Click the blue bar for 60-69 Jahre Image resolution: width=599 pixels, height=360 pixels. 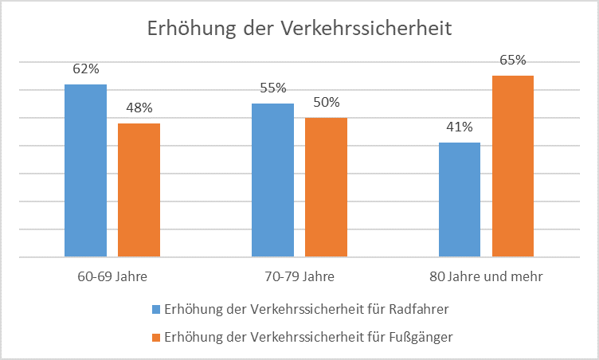pyautogui.click(x=85, y=170)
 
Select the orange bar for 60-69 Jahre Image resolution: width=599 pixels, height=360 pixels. pyautogui.click(x=139, y=190)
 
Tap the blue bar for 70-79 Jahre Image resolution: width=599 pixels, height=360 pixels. pyautogui.click(x=273, y=180)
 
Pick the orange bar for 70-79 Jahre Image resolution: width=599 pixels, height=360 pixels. pyautogui.click(x=326, y=187)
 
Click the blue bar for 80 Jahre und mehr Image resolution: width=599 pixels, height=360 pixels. pyautogui.click(x=460, y=200)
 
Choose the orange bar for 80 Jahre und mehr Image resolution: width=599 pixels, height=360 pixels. pyautogui.click(x=512, y=166)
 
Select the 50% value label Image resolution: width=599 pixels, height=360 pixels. pyautogui.click(x=326, y=102)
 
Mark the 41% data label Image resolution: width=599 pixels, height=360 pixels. pyautogui.click(x=460, y=127)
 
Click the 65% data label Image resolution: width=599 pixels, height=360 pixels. pyautogui.click(x=512, y=60)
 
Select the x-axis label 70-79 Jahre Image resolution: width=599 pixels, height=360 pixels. pyautogui.click(x=299, y=278)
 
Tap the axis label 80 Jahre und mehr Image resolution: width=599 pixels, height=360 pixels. pyautogui.click(x=486, y=278)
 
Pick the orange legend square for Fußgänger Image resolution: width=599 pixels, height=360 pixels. pyautogui.click(x=155, y=337)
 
